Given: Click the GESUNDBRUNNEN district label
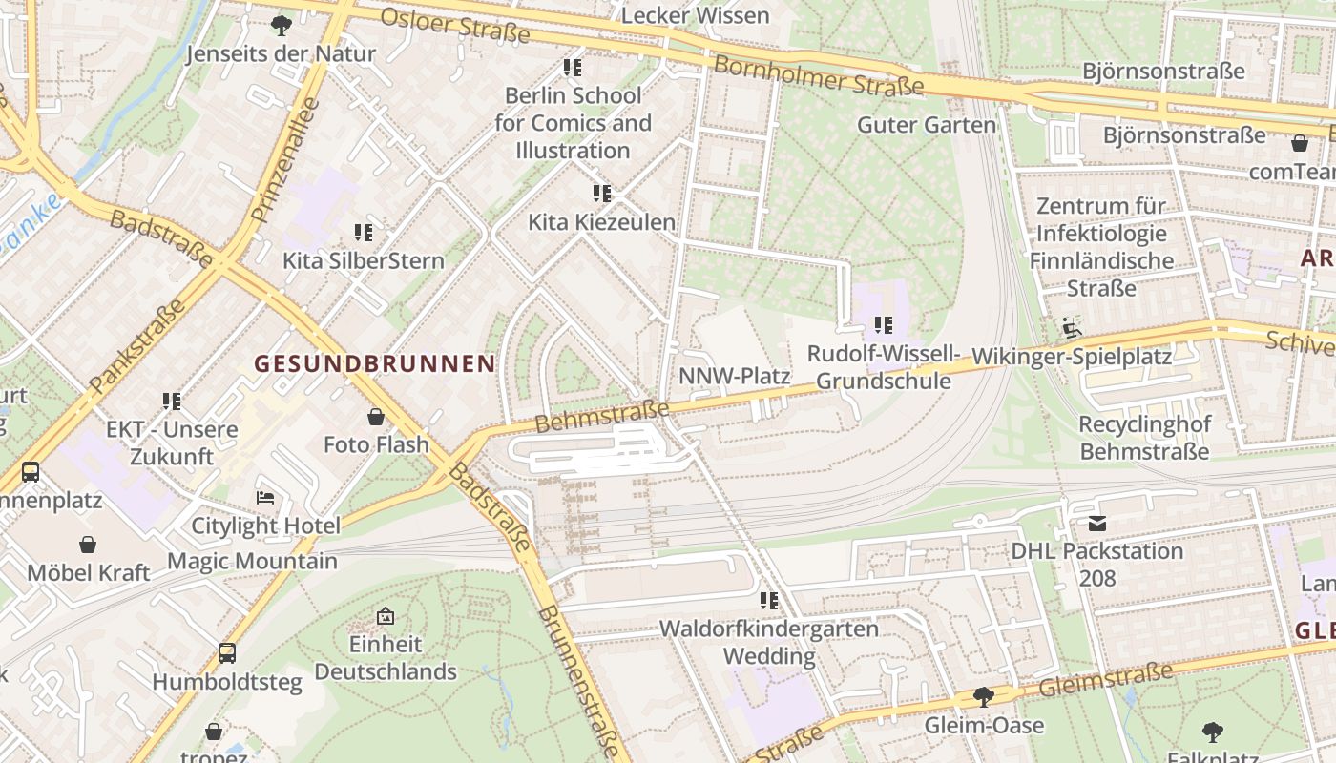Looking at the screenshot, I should [375, 363].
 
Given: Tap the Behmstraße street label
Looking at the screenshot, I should [602, 416].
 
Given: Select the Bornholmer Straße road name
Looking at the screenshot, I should [819, 75].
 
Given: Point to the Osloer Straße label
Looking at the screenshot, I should [455, 26].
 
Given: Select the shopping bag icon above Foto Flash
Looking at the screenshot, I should [376, 417].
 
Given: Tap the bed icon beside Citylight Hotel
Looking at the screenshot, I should [265, 498].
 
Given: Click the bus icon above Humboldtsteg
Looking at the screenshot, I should [227, 653].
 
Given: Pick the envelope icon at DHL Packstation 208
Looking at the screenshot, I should [1096, 524].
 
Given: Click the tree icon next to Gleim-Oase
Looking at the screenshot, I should [984, 697].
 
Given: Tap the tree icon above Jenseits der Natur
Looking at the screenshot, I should [281, 25].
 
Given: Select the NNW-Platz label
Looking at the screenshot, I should [734, 376].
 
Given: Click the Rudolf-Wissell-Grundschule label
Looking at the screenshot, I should [884, 367].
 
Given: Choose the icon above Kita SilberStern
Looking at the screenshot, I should [363, 232].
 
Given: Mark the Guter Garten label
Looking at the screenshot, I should [927, 125].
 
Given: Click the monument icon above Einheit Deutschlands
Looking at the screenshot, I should [386, 616].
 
